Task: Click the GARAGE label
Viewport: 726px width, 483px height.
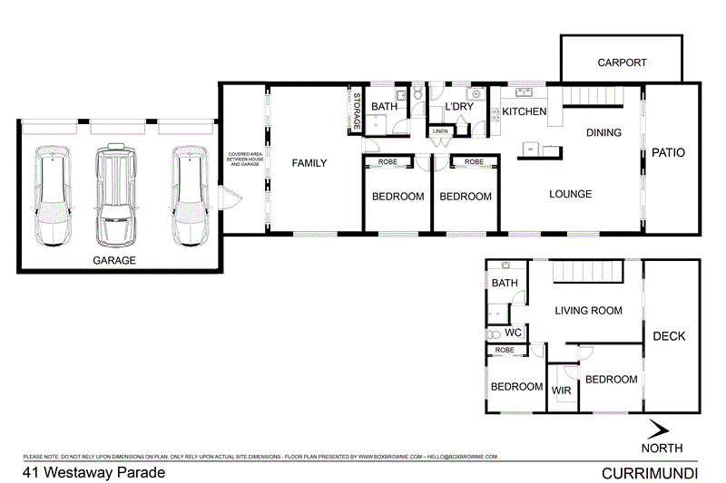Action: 113,260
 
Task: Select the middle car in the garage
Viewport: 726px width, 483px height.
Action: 116,195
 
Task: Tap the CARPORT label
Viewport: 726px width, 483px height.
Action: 622,63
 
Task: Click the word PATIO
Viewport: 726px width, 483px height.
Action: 668,153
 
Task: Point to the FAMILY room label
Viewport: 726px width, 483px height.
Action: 309,163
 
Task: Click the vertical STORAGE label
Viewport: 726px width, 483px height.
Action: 357,111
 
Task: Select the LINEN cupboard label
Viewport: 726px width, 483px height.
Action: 440,131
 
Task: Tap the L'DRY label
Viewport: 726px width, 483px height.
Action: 458,108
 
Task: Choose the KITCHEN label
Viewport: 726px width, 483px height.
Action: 525,111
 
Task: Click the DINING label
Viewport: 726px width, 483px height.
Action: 603,133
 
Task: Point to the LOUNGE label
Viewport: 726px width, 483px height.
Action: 570,194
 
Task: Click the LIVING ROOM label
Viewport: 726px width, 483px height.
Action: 588,311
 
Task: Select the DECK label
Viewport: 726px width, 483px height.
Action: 669,336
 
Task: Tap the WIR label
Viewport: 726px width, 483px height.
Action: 560,391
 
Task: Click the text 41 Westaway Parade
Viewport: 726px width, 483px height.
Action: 81,472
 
